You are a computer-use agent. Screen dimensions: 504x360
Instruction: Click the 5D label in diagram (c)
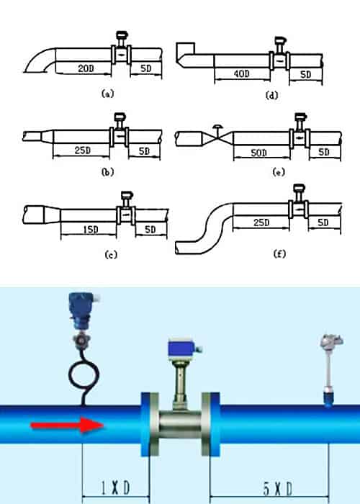pos(149,229)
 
